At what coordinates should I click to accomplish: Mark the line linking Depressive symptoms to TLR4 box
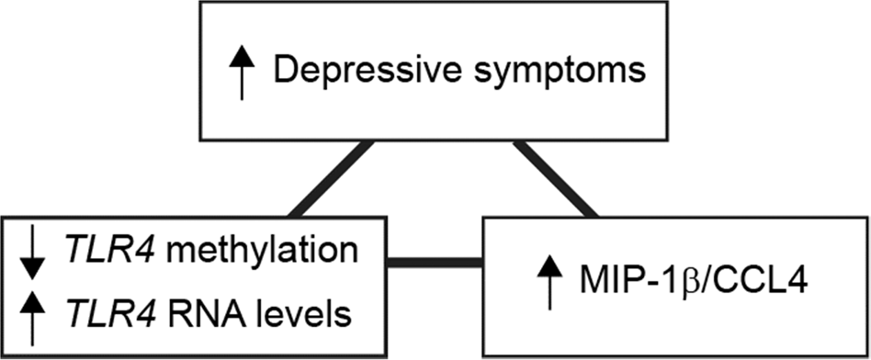point(332,179)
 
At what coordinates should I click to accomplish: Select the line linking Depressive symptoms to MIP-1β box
point(556,179)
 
